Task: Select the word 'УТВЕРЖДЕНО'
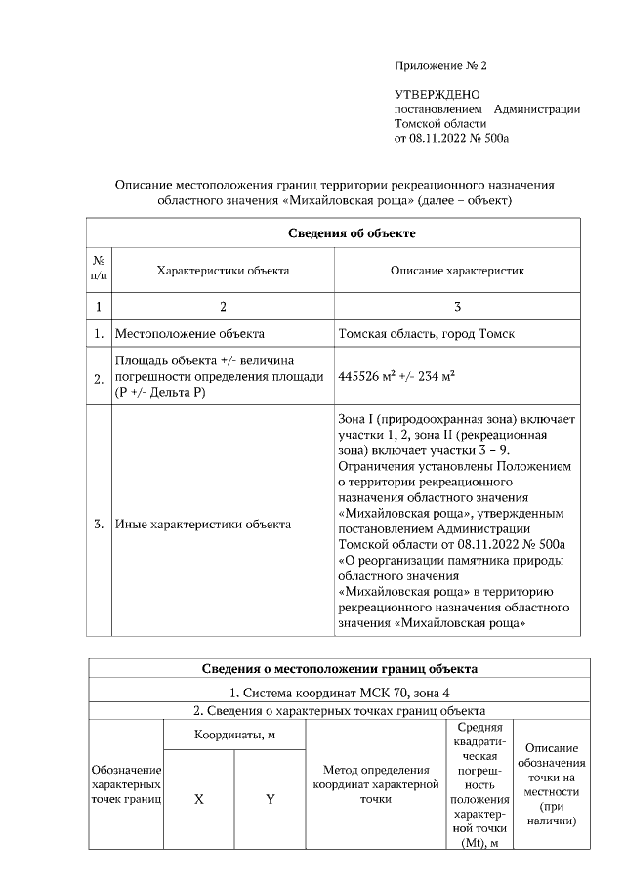[437, 95]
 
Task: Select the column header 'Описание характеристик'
[457, 270]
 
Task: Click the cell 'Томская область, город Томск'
[427, 333]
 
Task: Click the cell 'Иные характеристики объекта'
[202, 525]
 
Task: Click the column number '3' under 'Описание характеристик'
[457, 307]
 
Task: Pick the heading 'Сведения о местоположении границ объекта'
[339, 669]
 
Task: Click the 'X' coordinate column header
[198, 798]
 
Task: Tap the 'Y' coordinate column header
[271, 798]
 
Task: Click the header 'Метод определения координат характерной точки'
[376, 784]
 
